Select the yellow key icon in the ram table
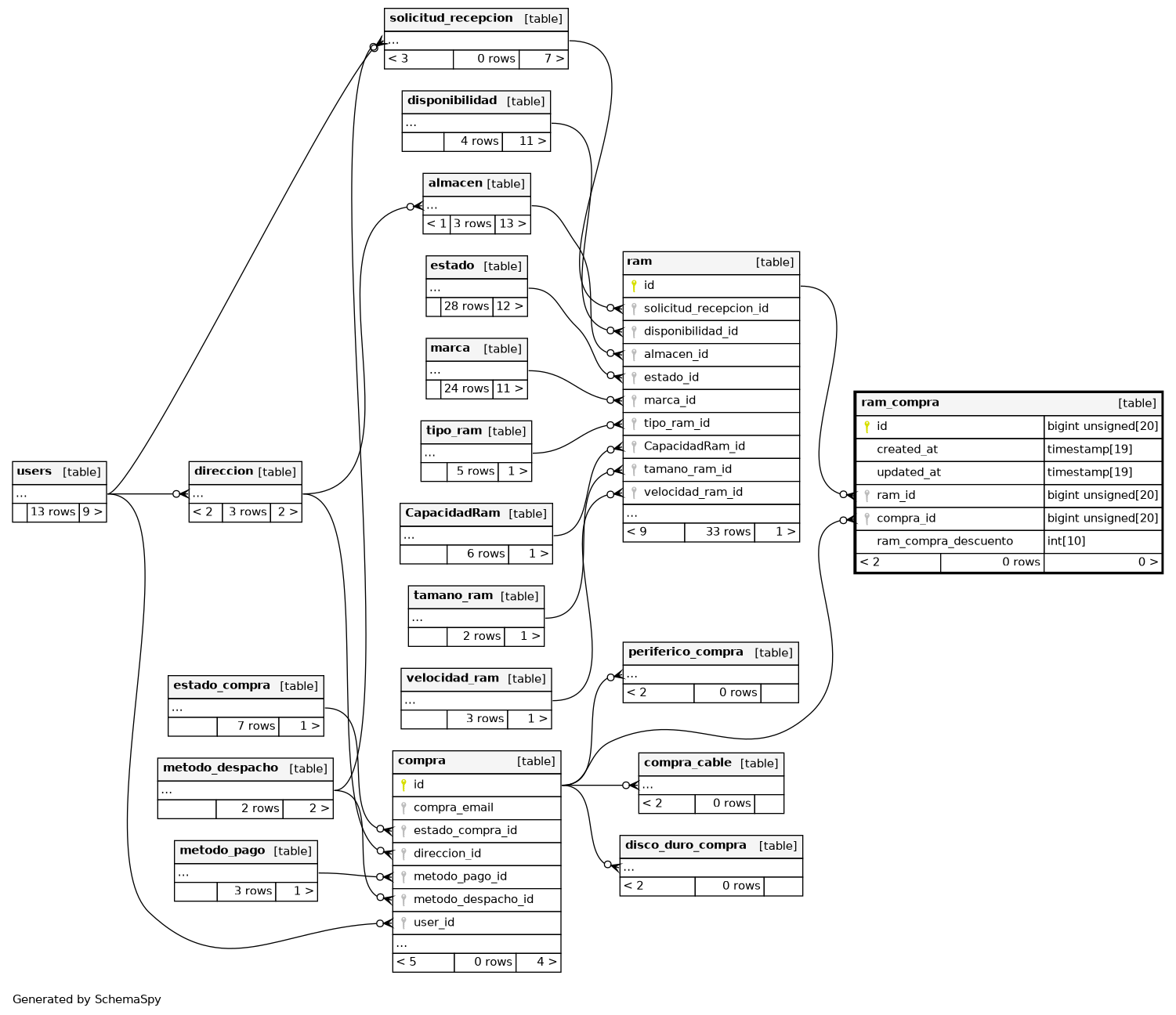click(634, 286)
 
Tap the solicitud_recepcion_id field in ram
click(705, 309)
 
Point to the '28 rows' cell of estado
click(466, 306)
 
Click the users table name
click(34, 471)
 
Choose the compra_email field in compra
click(453, 807)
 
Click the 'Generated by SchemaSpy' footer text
click(86, 999)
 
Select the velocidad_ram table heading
click(452, 678)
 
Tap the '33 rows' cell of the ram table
click(728, 532)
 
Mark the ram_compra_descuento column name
click(944, 541)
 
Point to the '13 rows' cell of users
click(52, 512)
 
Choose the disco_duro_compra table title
click(686, 846)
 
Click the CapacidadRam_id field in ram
click(693, 446)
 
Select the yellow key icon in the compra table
click(403, 785)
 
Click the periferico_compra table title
click(686, 652)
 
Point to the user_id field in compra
click(433, 923)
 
